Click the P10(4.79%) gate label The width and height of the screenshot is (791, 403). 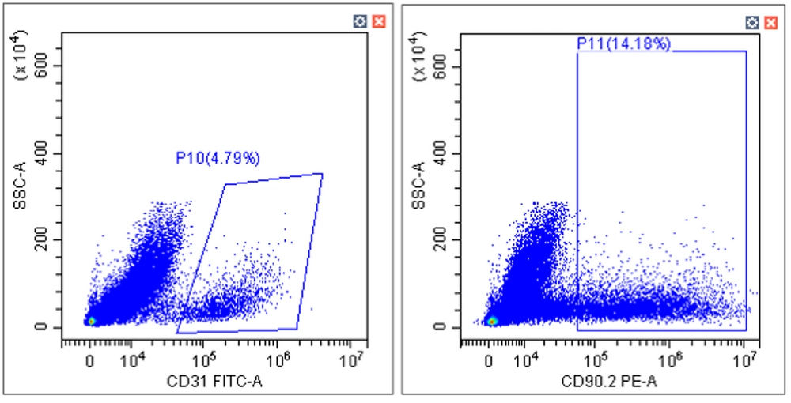(x=218, y=159)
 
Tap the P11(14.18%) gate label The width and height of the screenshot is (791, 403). (x=624, y=43)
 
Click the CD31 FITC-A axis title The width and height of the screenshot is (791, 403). (x=215, y=382)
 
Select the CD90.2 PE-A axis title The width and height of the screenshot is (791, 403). (x=609, y=382)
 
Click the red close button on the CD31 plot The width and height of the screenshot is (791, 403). (x=379, y=21)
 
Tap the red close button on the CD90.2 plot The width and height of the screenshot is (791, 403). (x=770, y=22)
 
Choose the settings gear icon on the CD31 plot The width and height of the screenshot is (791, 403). (x=360, y=21)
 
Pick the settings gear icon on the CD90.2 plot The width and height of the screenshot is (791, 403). (x=752, y=22)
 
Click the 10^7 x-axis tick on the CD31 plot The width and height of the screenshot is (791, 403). (x=351, y=360)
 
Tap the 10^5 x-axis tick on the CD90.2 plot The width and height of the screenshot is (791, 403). (x=596, y=360)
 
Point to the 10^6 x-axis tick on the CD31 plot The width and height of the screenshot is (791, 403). (x=278, y=360)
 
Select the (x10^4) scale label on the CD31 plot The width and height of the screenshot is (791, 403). (x=21, y=55)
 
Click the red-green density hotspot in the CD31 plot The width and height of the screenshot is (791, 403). (x=91, y=321)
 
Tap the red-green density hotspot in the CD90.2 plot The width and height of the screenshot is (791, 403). (x=492, y=321)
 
